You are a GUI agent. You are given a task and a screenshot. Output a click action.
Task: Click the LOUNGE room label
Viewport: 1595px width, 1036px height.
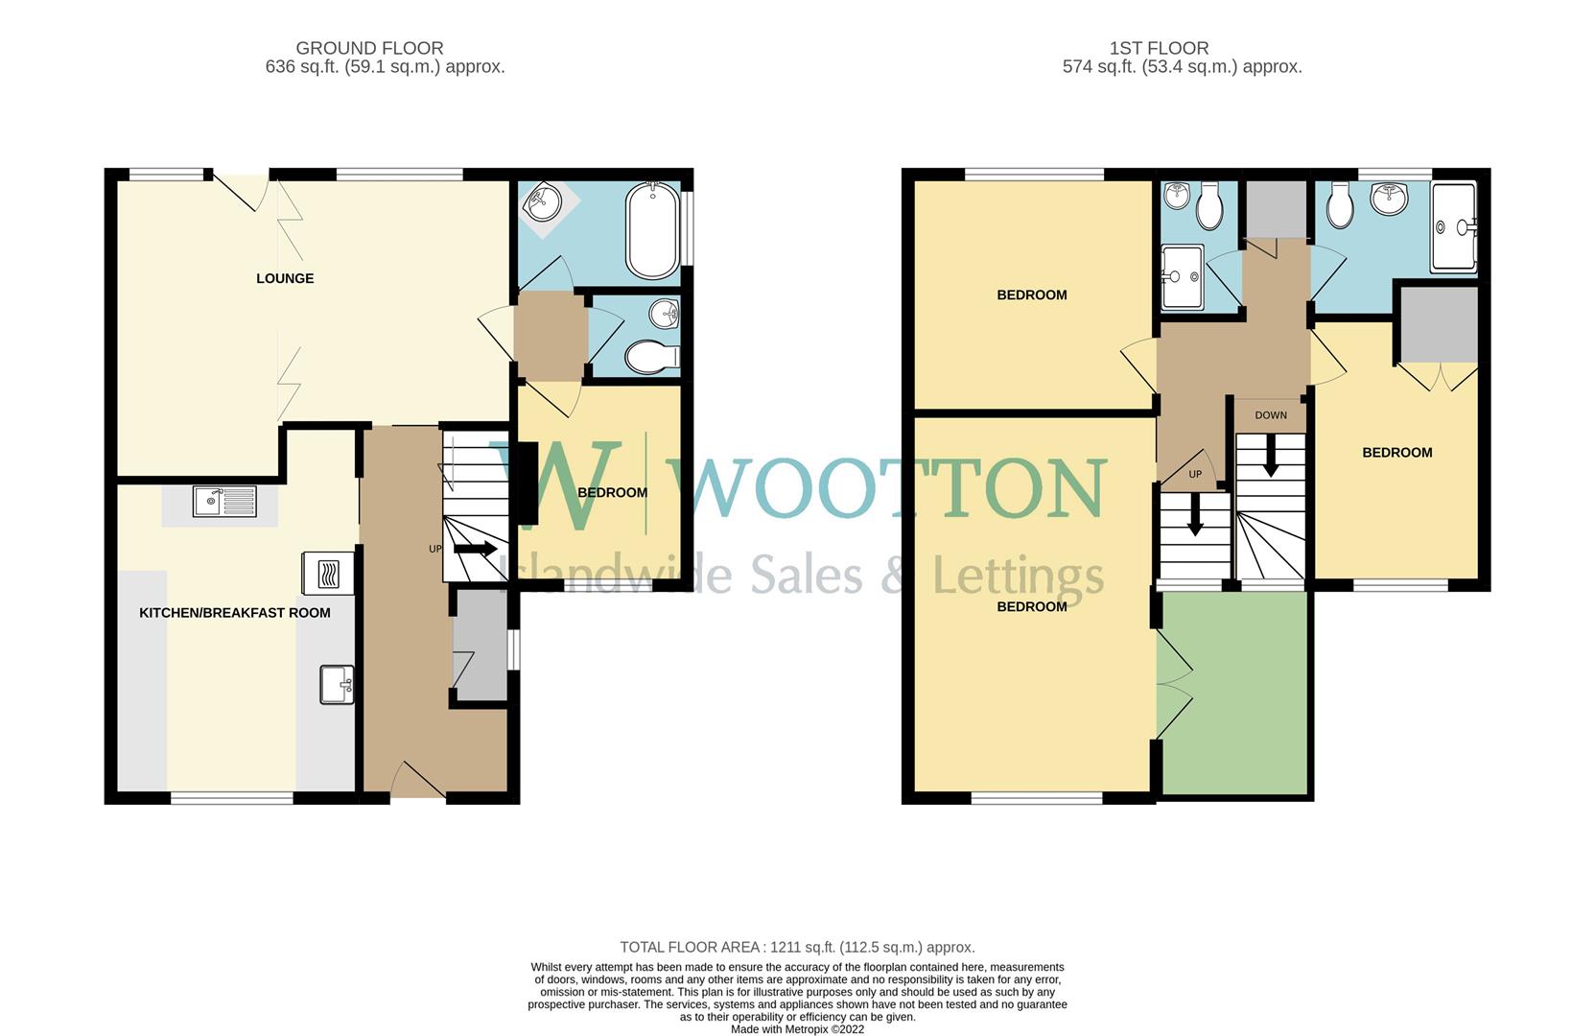[x=285, y=278]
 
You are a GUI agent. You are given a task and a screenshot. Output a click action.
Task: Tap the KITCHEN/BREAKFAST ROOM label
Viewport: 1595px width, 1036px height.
[x=235, y=612]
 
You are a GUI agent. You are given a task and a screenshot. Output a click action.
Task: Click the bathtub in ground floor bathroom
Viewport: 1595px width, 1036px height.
[x=652, y=229]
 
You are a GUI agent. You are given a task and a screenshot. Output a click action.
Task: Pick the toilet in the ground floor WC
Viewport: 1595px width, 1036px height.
[x=650, y=358]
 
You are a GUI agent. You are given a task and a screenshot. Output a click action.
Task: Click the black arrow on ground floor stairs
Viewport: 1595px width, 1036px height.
[x=475, y=550]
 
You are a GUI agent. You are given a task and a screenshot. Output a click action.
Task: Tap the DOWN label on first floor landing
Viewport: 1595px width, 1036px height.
[x=1271, y=415]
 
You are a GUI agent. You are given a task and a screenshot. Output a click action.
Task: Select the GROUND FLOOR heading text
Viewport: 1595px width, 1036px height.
[x=369, y=48]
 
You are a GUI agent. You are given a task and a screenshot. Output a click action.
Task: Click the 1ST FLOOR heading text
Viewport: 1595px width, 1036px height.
[x=1159, y=48]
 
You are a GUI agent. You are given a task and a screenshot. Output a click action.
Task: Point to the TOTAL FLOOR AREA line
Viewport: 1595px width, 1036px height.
[x=797, y=947]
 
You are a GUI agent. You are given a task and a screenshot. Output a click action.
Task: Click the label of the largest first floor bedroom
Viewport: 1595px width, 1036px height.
[x=1032, y=606]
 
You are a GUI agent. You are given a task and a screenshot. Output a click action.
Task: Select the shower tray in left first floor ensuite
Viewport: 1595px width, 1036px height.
[x=1182, y=277]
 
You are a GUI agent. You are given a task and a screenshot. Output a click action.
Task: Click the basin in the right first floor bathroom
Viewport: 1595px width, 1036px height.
[x=1390, y=200]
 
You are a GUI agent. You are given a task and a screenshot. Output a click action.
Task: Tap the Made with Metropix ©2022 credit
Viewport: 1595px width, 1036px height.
[x=797, y=1029]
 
